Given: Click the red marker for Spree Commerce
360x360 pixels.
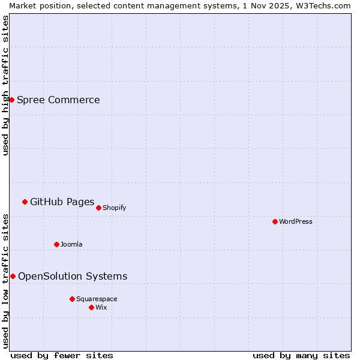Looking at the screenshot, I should point(11,100).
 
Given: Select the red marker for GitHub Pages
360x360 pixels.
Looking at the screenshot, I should point(25,202).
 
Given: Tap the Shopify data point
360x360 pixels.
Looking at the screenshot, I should point(98,208).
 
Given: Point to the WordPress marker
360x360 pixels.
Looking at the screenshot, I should point(275,221).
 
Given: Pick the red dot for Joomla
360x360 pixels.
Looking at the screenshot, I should point(56,244).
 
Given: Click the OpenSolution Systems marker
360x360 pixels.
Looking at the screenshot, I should point(13,276).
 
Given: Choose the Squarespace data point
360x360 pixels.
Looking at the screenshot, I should point(72,299).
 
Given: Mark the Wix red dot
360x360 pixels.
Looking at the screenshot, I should point(91,307).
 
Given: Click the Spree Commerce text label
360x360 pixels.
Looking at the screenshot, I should point(58,100).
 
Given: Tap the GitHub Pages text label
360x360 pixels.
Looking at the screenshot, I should point(62,202).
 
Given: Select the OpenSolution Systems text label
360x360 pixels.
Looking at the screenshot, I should point(73,276).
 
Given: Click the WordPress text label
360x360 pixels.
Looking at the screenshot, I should point(296,221).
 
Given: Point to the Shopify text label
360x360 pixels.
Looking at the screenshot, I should point(114,208).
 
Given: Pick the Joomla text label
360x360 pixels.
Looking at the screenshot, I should point(71,244).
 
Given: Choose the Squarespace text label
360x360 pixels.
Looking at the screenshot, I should point(97,299).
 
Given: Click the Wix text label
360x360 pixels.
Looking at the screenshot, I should point(101,307).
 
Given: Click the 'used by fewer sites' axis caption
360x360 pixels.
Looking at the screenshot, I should point(62,355).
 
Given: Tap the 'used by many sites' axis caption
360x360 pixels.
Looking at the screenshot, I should point(301,355).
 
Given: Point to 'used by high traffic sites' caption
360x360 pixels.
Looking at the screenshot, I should point(5,85).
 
